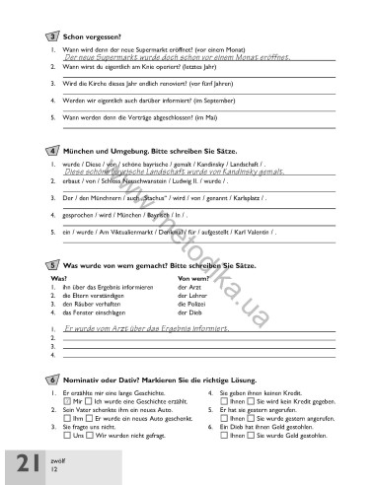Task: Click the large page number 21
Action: coord(24,462)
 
